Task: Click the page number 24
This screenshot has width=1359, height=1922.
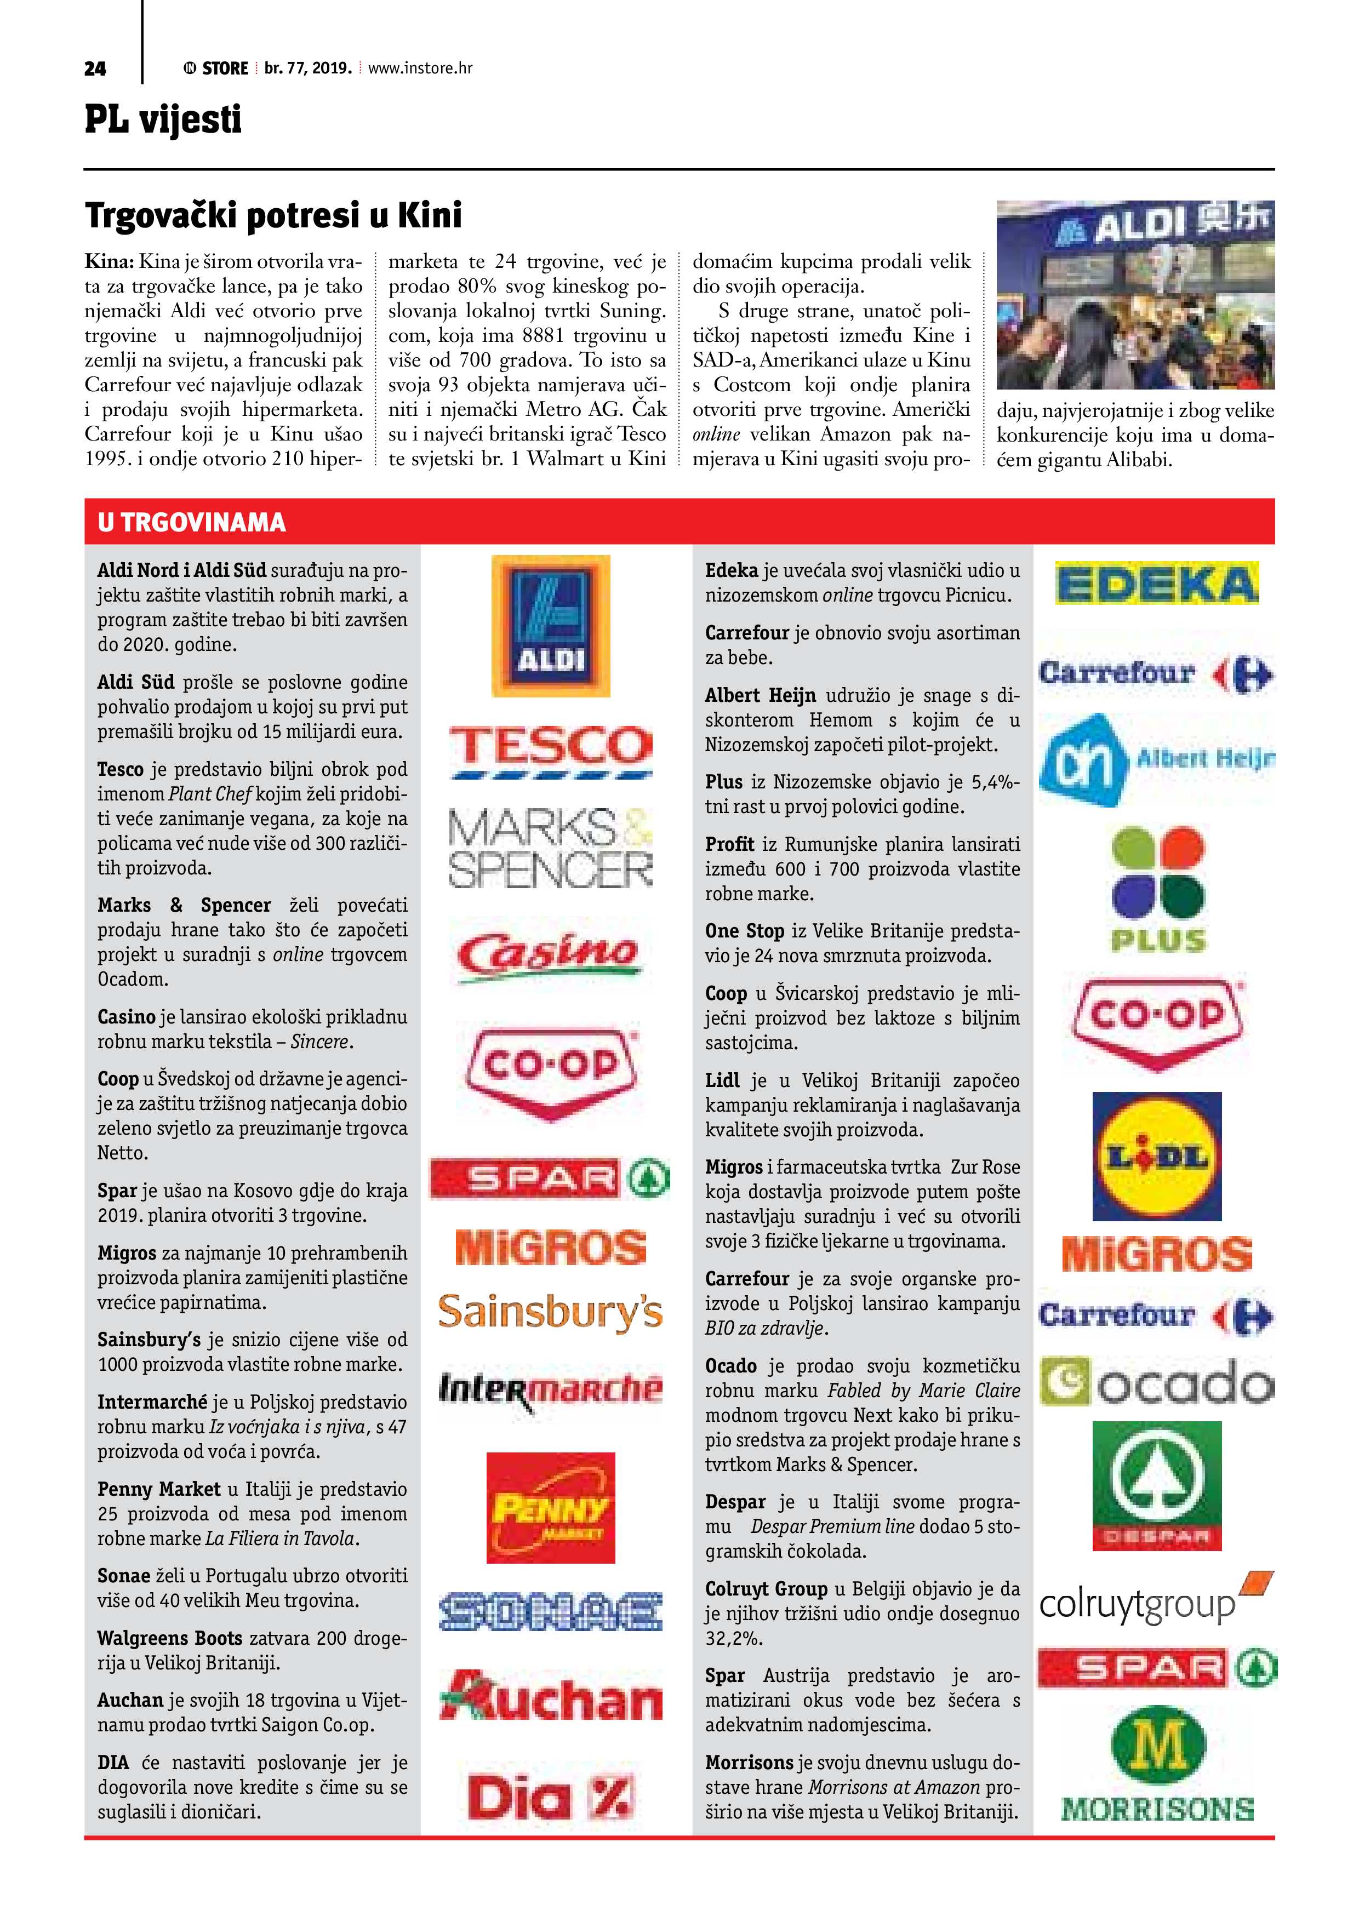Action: pyautogui.click(x=95, y=68)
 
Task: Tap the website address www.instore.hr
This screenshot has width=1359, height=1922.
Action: pyautogui.click(x=420, y=68)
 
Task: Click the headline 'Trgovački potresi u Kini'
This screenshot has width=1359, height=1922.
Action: pyautogui.click(x=273, y=215)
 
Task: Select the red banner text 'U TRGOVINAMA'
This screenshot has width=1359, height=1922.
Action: pyautogui.click(x=192, y=522)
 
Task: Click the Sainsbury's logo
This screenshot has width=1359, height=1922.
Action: pyautogui.click(x=550, y=1311)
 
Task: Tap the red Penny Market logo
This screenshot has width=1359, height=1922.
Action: pyautogui.click(x=550, y=1508)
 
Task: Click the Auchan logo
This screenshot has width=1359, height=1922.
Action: pyautogui.click(x=550, y=1697)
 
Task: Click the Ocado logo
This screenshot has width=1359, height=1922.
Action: pyautogui.click(x=1156, y=1382)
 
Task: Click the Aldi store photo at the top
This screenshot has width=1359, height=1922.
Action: pyautogui.click(x=1134, y=295)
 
